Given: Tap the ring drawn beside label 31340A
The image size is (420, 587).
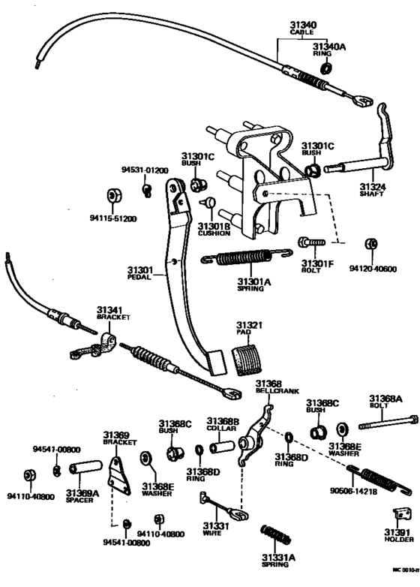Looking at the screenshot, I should click(x=325, y=68).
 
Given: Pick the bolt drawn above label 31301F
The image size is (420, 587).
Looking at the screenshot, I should click(x=310, y=244).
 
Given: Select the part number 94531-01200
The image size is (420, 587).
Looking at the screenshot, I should click(x=148, y=170).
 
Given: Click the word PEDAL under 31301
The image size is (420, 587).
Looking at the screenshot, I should click(x=139, y=277).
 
